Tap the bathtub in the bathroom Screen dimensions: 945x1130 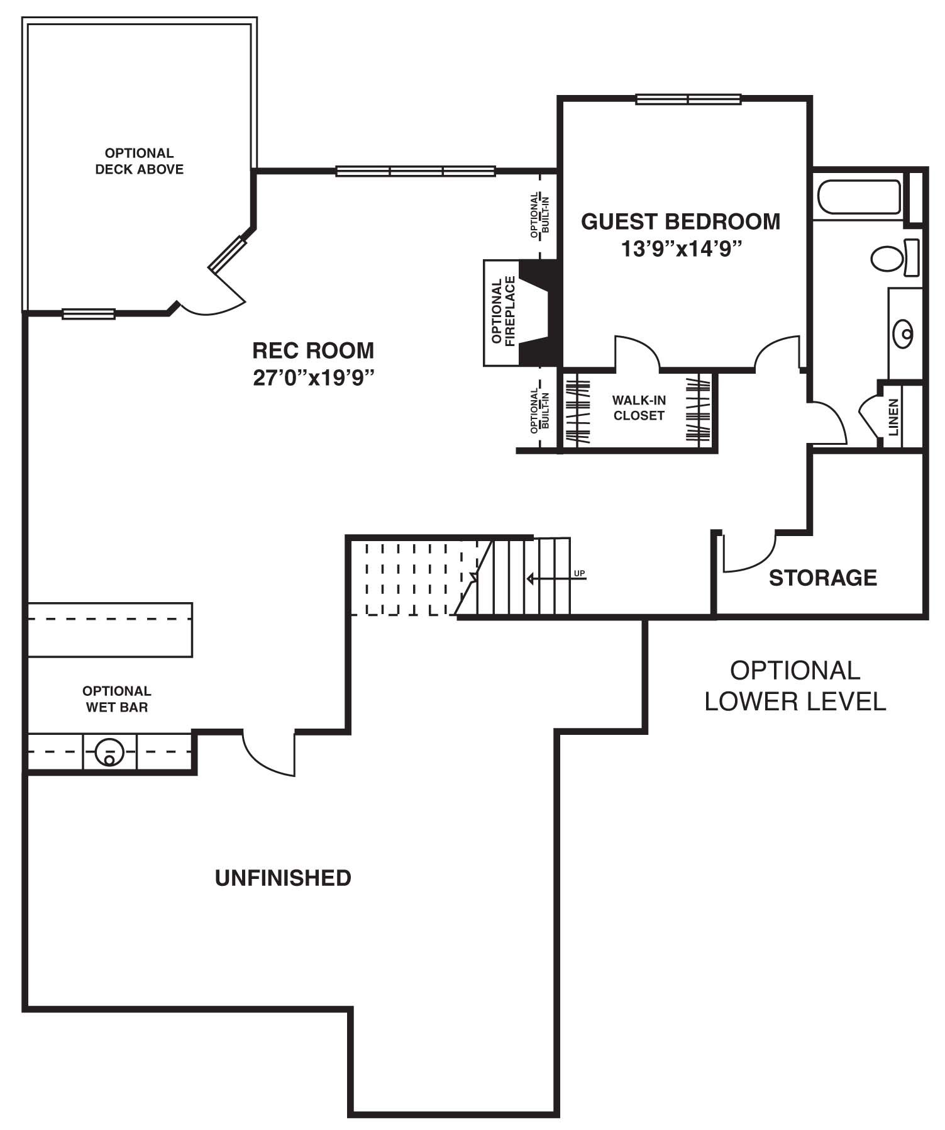(x=859, y=197)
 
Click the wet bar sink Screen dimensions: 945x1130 (x=109, y=752)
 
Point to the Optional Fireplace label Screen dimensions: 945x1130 (x=504, y=311)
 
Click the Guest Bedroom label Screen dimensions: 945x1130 (x=680, y=221)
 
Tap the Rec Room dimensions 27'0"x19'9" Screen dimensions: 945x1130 (x=314, y=378)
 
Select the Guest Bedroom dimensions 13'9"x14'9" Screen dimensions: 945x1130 (x=682, y=249)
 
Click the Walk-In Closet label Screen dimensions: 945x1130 (x=639, y=408)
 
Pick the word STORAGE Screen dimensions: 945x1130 (x=823, y=578)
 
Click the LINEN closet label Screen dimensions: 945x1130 (x=893, y=417)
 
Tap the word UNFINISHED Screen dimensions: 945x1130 (x=283, y=878)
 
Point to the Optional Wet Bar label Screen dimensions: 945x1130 (x=117, y=699)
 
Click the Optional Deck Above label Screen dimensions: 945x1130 (x=139, y=161)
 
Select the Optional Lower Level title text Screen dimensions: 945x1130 (x=795, y=686)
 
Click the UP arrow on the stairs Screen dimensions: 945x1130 (x=556, y=578)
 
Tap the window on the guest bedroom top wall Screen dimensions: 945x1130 (x=688, y=99)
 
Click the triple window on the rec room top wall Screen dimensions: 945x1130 (x=416, y=171)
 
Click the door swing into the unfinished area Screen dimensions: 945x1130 (x=268, y=753)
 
